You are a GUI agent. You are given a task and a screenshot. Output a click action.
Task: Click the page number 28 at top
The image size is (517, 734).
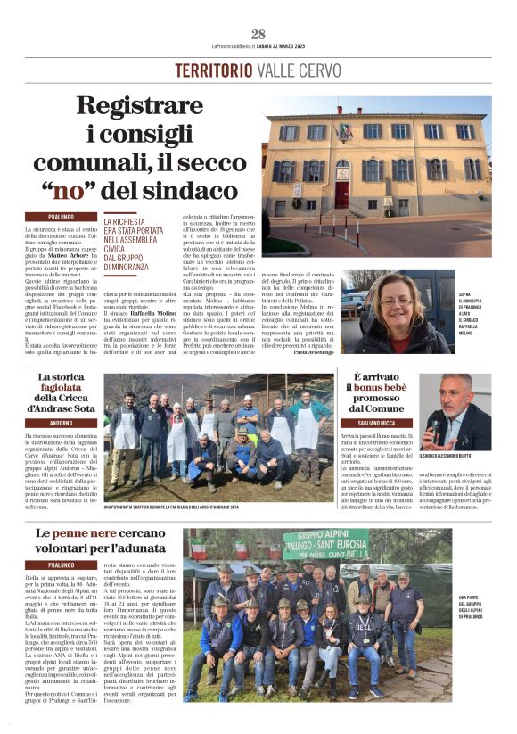click(258, 35)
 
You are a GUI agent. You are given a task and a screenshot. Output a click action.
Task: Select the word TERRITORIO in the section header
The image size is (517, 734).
click(213, 70)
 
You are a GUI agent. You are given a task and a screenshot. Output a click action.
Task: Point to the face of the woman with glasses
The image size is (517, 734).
click(393, 300)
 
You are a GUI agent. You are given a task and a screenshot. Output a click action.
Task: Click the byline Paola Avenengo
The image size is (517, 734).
click(312, 353)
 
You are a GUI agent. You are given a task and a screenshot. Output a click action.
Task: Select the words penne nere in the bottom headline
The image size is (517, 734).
click(83, 532)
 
